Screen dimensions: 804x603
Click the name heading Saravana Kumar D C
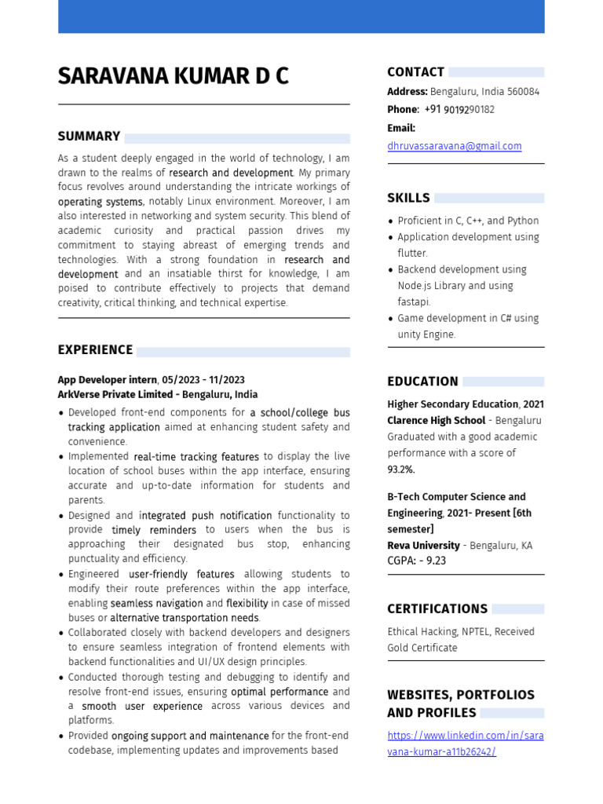173,76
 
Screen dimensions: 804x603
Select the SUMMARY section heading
89,137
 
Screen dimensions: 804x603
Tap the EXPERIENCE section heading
95,350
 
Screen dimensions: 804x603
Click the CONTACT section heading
415,72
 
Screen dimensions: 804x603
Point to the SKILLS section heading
408,198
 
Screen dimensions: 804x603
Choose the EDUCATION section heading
422,382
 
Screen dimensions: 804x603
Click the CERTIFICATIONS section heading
437,609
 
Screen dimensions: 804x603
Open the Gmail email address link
454,146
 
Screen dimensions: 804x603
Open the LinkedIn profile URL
465,744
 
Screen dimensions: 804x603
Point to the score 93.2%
401,470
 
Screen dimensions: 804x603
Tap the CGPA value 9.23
436,561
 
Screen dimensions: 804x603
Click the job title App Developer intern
107,380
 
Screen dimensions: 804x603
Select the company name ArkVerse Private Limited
112,395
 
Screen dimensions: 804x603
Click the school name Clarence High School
436,421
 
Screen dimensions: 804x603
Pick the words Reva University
423,546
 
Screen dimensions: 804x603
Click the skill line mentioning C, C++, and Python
468,221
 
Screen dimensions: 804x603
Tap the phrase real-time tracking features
196,457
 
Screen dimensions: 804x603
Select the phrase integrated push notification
205,516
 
